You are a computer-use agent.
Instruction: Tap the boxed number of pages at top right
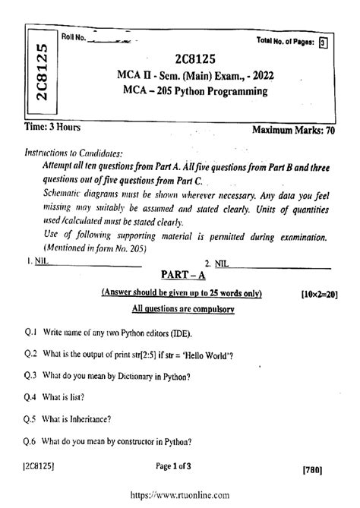point(324,43)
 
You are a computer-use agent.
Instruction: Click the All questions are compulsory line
point(180,310)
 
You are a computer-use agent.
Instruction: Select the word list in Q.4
point(73,397)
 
